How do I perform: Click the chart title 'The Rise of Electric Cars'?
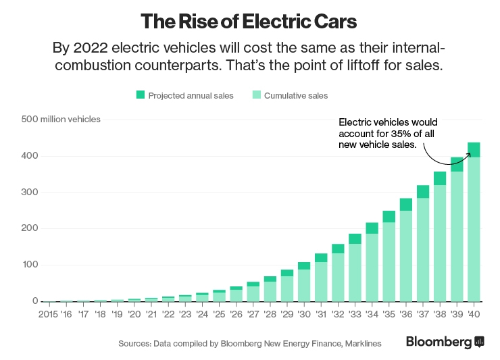pos(249,21)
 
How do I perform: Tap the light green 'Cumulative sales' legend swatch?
pos(256,95)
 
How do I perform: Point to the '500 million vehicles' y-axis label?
pos(61,120)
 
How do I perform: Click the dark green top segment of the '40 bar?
pos(474,149)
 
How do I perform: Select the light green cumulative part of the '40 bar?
pos(474,230)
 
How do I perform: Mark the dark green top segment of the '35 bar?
pos(389,216)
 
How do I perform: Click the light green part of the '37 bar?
pos(423,250)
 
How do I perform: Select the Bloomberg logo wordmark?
pos(439,342)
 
